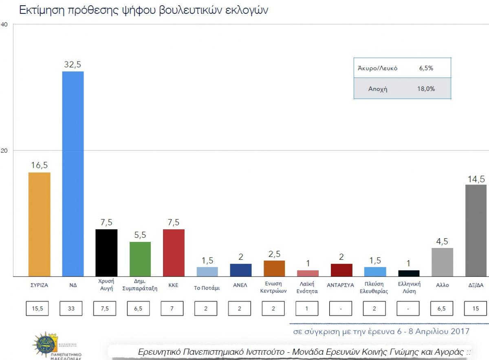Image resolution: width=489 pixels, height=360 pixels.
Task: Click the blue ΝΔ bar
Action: (73, 174)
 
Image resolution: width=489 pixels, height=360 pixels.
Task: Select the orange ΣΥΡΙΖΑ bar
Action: (40, 224)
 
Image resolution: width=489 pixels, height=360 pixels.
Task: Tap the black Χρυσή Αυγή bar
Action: (106, 253)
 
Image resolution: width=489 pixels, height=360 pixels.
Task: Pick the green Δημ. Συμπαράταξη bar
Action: (140, 259)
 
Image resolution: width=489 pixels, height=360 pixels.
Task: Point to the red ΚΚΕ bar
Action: (174, 253)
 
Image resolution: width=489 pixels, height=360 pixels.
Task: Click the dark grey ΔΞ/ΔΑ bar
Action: (476, 230)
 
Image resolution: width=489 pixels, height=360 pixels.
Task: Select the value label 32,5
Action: (73, 64)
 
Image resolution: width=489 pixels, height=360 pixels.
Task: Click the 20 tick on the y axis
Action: (4, 150)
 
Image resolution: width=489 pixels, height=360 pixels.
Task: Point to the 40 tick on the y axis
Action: (4, 24)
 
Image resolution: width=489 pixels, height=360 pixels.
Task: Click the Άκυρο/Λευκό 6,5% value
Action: (426, 68)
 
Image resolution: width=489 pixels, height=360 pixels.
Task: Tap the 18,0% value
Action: (426, 89)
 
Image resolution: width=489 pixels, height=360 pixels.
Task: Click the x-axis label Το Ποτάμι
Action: (207, 288)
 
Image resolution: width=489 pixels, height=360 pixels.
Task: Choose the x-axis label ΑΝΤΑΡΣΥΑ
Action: (341, 285)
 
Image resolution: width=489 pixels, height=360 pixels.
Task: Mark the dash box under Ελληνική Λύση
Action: (409, 308)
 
